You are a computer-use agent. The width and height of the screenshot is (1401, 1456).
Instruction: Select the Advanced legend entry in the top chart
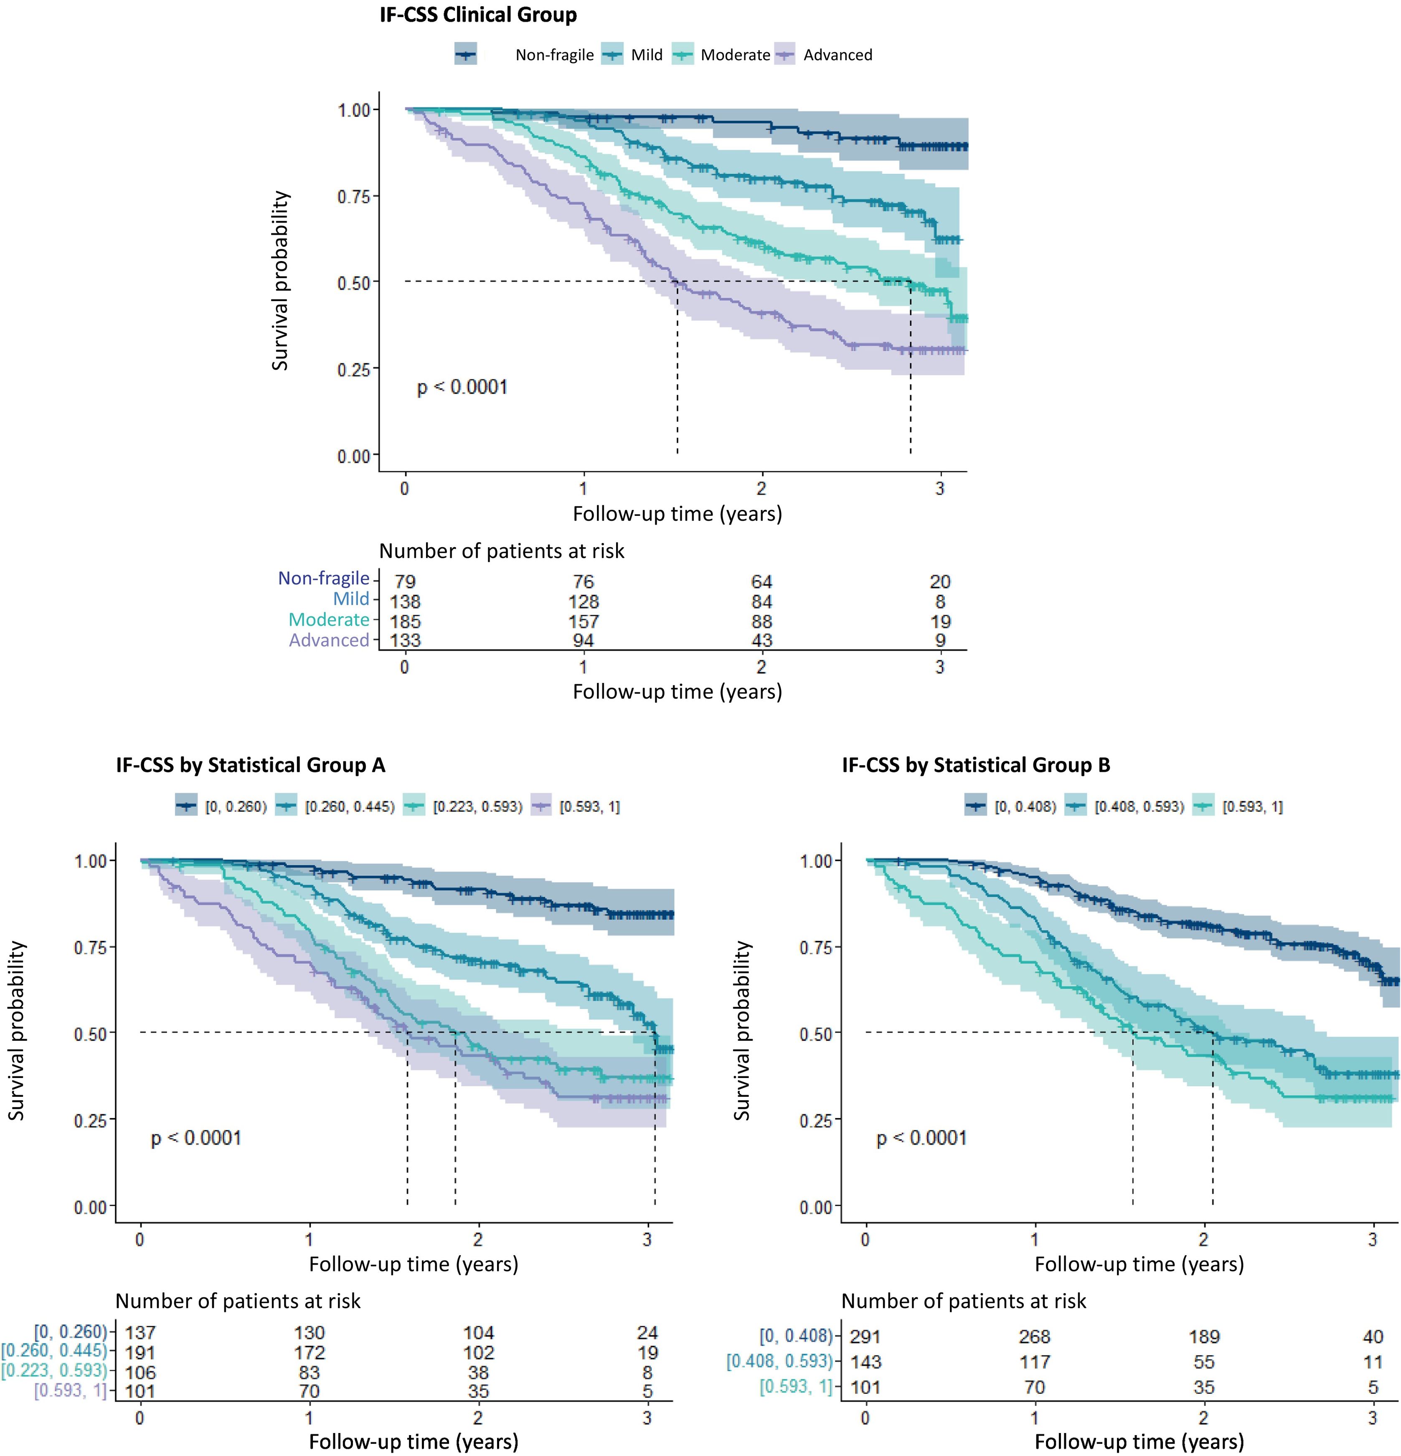837,55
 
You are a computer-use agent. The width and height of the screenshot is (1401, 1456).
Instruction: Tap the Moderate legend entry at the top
735,55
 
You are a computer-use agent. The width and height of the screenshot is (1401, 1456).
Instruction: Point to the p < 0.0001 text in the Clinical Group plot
462,387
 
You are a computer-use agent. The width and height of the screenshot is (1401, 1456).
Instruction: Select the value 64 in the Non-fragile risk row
761,582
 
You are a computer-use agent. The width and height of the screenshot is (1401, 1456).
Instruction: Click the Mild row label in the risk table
350,599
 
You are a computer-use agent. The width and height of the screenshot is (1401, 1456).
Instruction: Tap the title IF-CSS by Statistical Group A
250,765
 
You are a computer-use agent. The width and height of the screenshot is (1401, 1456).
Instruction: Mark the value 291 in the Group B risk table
865,1337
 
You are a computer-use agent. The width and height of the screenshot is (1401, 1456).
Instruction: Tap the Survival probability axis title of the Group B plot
742,1031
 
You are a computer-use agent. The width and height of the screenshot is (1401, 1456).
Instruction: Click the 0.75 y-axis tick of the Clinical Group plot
354,197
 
